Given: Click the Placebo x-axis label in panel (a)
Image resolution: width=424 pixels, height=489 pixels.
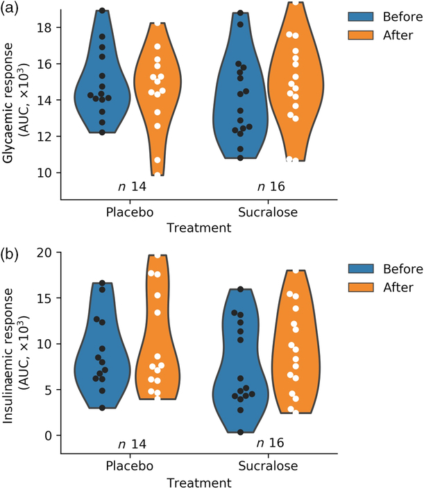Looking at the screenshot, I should (x=130, y=212).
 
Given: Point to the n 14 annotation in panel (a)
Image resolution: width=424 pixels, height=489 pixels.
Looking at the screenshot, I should (x=130, y=187).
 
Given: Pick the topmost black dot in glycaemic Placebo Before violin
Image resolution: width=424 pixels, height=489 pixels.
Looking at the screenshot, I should (x=102, y=11).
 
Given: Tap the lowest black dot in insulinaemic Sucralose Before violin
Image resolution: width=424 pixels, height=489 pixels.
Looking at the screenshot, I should (x=241, y=432).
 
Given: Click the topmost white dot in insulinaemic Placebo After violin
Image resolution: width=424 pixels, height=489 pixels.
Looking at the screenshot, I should (x=158, y=256).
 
